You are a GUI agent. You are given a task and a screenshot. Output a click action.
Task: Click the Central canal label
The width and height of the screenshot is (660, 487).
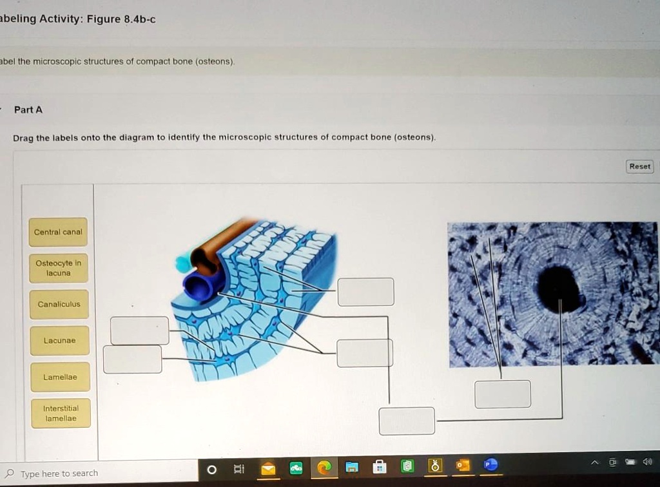[x=58, y=232]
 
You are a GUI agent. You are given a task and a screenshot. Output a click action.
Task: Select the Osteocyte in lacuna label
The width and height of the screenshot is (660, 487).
[x=58, y=268]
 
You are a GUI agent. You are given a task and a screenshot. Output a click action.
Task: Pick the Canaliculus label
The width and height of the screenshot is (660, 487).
[x=59, y=304]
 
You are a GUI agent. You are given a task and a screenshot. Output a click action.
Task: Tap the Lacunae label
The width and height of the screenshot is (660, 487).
[x=59, y=340]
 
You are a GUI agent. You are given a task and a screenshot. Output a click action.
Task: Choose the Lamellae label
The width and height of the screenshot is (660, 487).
[x=60, y=377]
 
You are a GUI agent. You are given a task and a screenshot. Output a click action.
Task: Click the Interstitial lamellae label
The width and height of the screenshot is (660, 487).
[x=61, y=413]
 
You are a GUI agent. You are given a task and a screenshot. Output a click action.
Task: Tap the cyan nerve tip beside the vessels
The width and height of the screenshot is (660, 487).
[x=183, y=263]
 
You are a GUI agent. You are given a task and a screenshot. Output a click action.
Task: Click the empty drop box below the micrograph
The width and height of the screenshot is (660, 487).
[x=503, y=394]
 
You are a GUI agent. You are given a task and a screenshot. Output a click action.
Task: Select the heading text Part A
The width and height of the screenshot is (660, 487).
[x=28, y=110]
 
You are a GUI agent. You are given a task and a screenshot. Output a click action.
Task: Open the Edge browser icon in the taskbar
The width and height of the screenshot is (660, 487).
[x=324, y=468]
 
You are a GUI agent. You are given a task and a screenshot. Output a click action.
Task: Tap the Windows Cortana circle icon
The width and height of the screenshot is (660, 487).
[x=211, y=470]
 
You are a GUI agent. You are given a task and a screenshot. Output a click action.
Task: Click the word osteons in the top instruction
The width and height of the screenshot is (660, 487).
[x=215, y=62]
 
